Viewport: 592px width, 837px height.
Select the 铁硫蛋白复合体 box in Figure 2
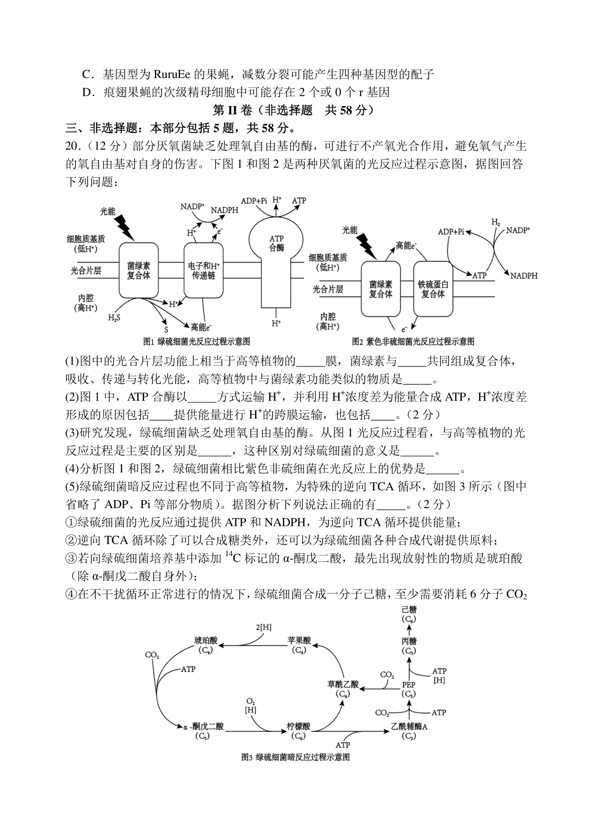433,289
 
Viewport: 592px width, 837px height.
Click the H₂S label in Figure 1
114,318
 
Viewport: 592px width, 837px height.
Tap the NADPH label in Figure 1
224,210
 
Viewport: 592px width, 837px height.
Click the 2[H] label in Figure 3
263,627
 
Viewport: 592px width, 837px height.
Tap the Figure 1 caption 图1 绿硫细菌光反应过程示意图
196,341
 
